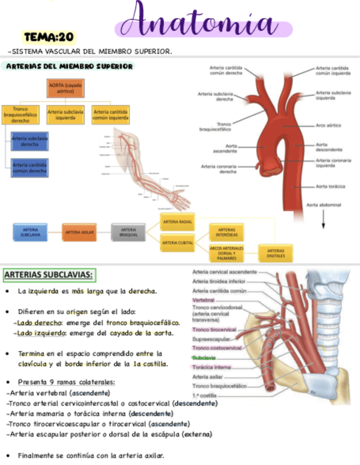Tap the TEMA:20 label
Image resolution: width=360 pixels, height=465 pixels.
(48, 37)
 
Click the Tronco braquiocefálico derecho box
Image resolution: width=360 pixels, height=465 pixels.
(20, 115)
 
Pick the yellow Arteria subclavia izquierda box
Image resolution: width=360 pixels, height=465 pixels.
(65, 115)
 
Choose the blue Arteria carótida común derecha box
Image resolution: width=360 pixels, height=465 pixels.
(30, 167)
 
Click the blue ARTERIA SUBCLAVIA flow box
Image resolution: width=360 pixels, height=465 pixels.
(30, 232)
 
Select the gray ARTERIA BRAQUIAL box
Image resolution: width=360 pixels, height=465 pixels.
(129, 232)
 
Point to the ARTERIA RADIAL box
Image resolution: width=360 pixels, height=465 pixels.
(177, 221)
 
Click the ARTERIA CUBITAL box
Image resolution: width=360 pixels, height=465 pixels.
(177, 242)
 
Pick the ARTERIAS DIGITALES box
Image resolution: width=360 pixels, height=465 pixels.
(275, 253)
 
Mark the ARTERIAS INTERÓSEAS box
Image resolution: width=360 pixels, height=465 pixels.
(226, 232)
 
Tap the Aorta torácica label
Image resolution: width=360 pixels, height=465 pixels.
(330, 186)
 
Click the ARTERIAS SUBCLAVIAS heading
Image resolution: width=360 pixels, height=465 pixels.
(48, 274)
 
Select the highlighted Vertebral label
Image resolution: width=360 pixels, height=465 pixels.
(203, 300)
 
